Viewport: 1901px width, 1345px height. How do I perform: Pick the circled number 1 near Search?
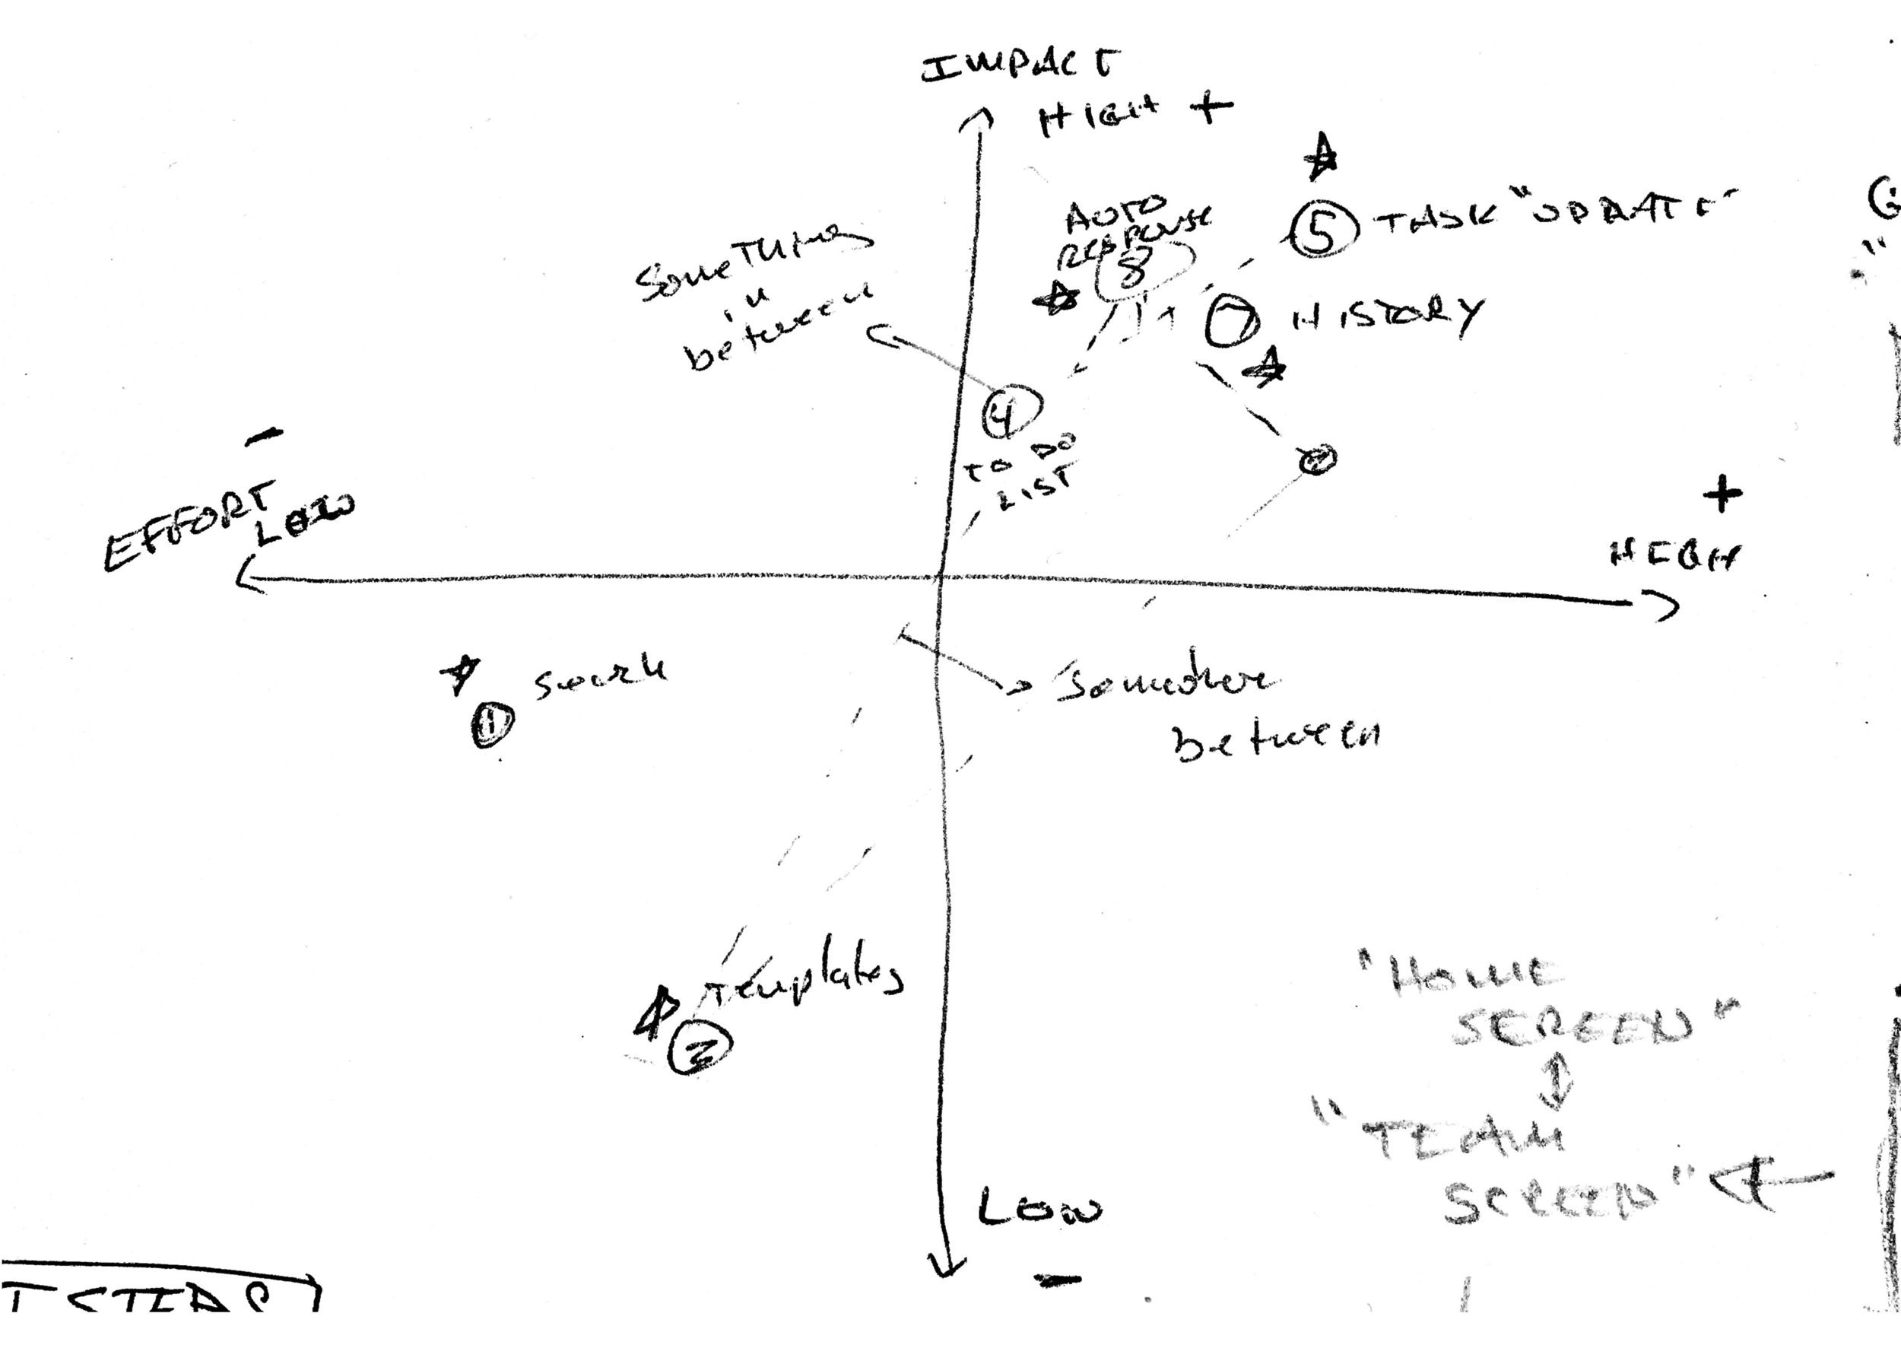click(x=493, y=726)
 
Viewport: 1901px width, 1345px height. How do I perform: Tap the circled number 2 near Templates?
click(x=701, y=1050)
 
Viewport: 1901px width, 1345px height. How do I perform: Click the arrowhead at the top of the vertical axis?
click(x=977, y=120)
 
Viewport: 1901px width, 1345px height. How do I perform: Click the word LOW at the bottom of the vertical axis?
click(x=1039, y=1211)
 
